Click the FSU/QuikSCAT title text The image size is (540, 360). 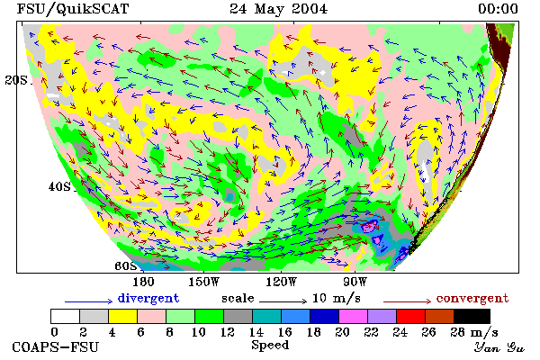pyautogui.click(x=73, y=9)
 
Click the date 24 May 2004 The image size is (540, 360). pyautogui.click(x=279, y=9)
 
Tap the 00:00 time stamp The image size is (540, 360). pyautogui.click(x=498, y=9)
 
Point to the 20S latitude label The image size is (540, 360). pyautogui.click(x=16, y=80)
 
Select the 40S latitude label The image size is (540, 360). pyautogui.click(x=59, y=187)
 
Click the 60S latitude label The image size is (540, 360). pyautogui.click(x=126, y=266)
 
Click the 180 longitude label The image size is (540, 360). pyautogui.click(x=143, y=282)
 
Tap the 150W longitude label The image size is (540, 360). pyautogui.click(x=204, y=282)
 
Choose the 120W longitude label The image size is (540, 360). pyautogui.click(x=281, y=282)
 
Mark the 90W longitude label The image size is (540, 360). pyautogui.click(x=355, y=282)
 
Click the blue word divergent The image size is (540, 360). pyautogui.click(x=148, y=298)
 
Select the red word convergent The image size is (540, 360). pyautogui.click(x=472, y=298)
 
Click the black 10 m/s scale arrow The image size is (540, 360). pyautogui.click(x=283, y=301)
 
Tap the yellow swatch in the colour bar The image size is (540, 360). pyautogui.click(x=122, y=316)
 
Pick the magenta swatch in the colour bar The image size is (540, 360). pyautogui.click(x=354, y=316)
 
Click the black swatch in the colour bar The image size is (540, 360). pyautogui.click(x=472, y=316)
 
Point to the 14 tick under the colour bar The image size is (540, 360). pyautogui.click(x=256, y=332)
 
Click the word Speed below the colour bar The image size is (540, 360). pyautogui.click(x=270, y=346)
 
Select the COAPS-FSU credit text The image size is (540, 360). pyautogui.click(x=56, y=346)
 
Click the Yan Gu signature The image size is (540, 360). pyautogui.click(x=499, y=347)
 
